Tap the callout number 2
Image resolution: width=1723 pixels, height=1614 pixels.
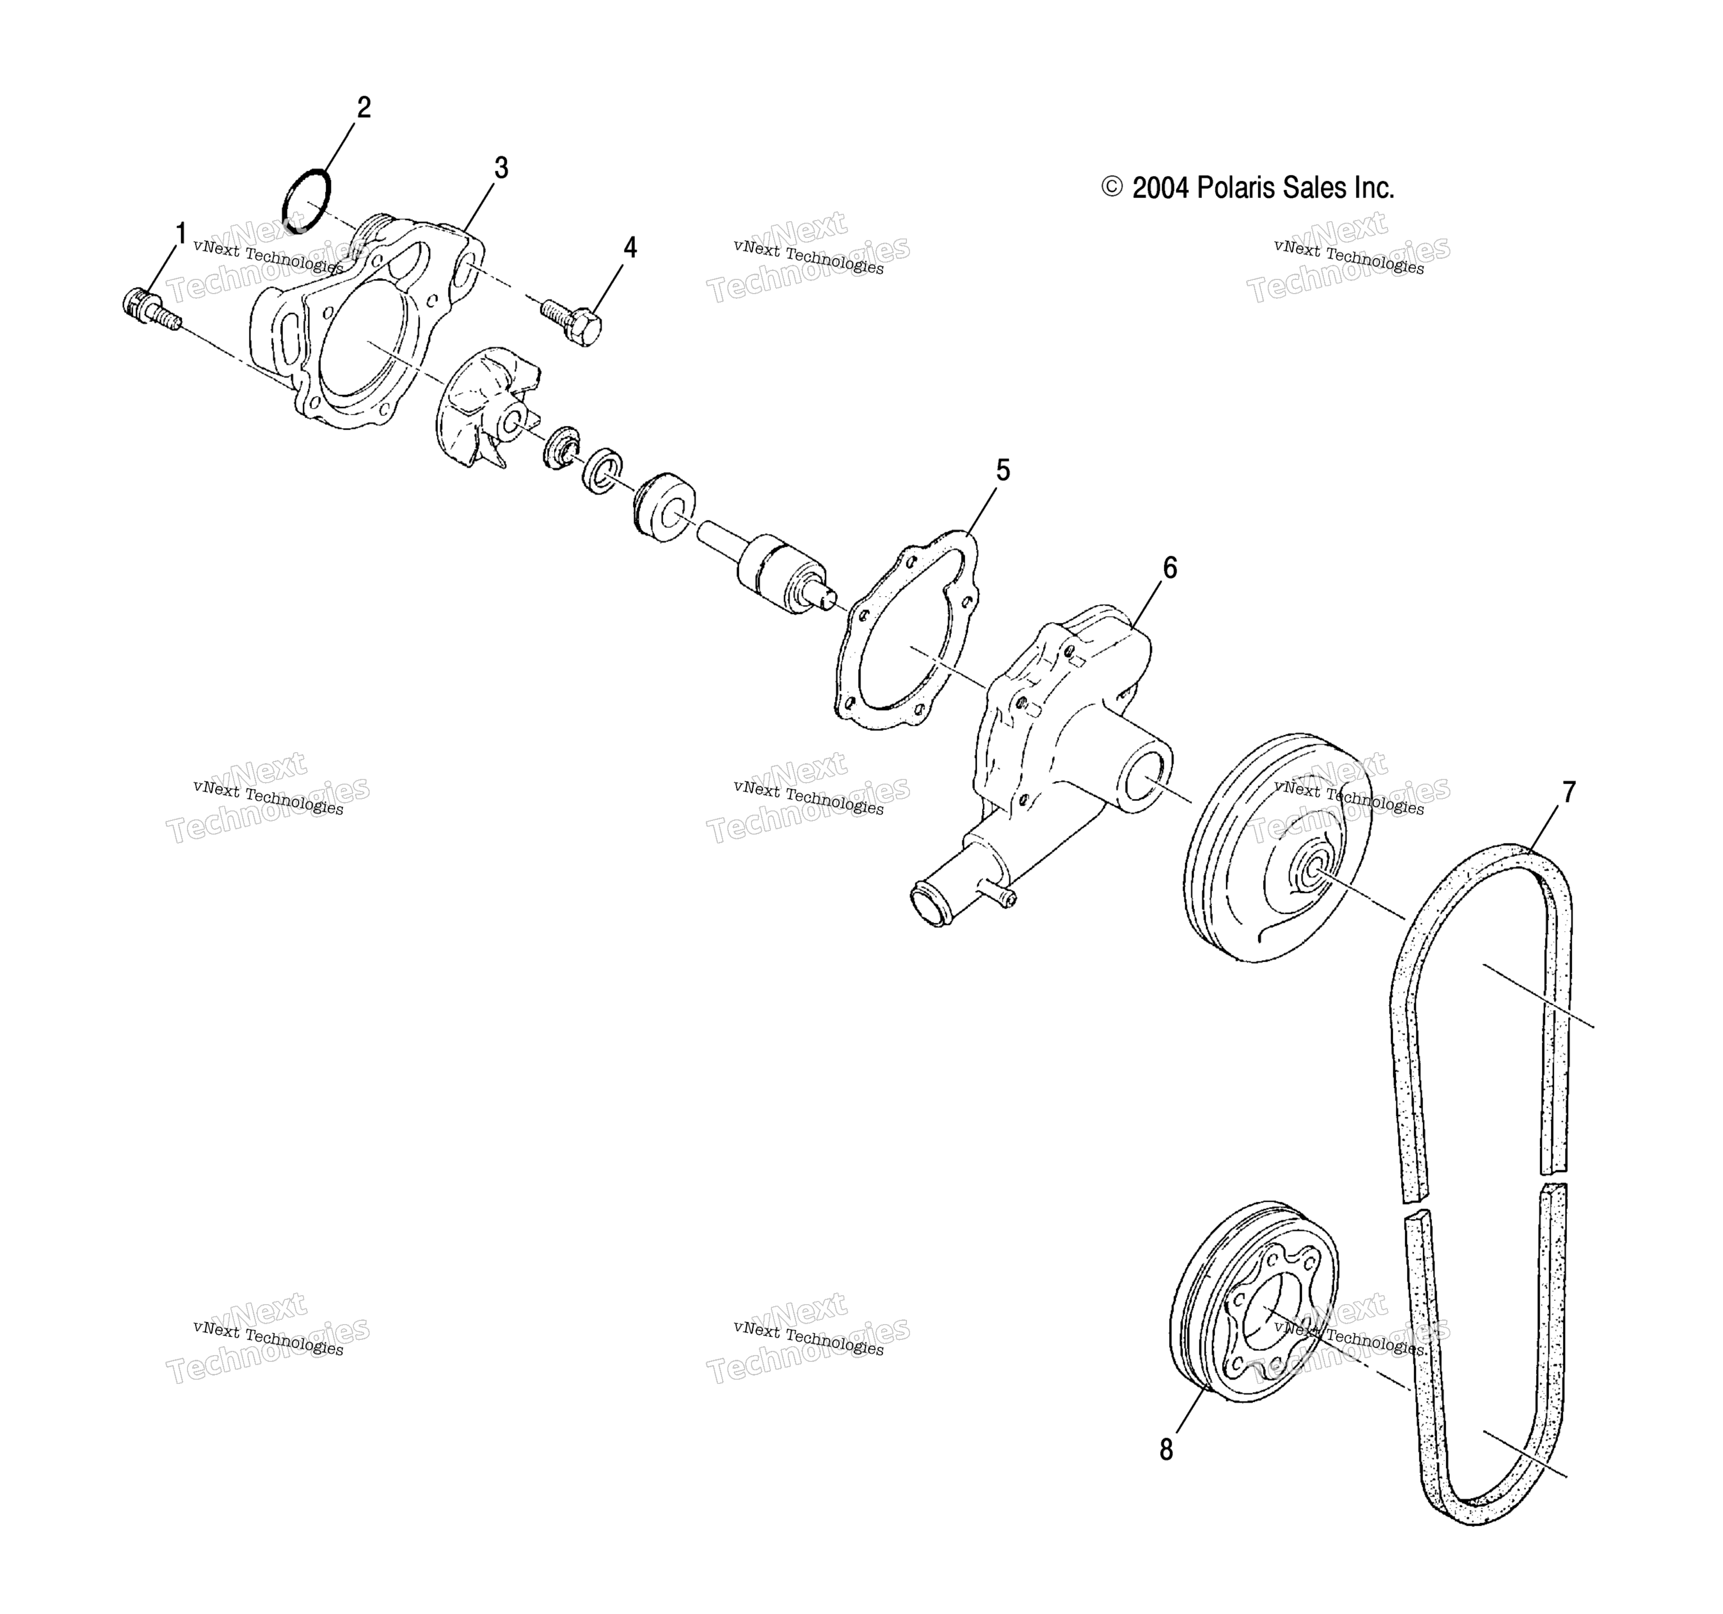pos(364,108)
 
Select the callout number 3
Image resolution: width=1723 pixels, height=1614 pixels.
pos(501,168)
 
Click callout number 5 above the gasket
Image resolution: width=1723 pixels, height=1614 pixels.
pos(1003,471)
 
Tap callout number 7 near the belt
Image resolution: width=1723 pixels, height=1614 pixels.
pos(1569,792)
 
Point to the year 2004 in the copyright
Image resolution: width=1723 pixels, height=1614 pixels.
pos(1162,188)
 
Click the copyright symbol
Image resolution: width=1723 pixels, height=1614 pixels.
pos(1112,187)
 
